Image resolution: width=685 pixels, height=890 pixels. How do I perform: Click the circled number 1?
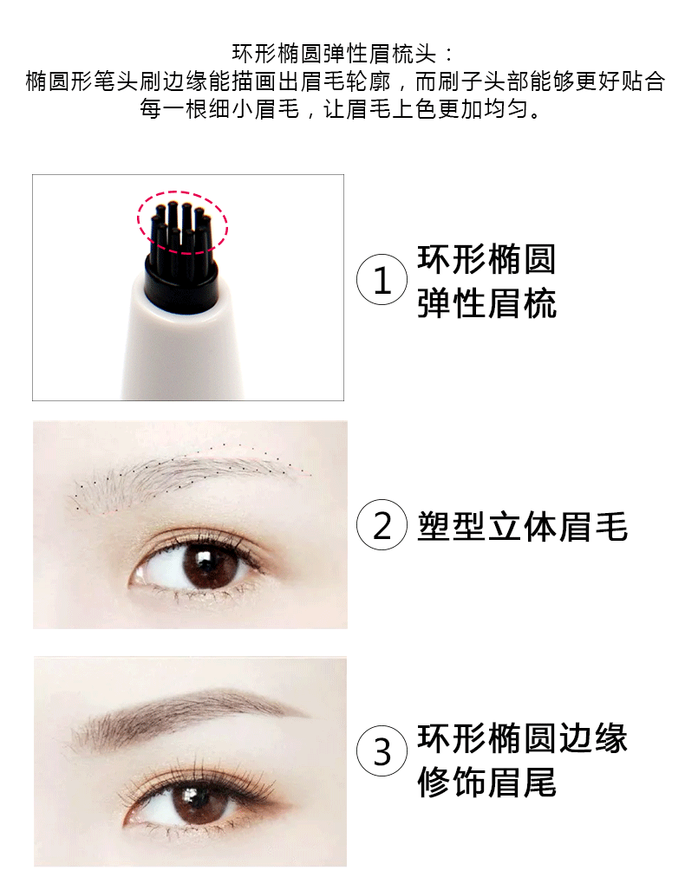pyautogui.click(x=382, y=279)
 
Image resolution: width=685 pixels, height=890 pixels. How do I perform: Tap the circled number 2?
pyautogui.click(x=382, y=525)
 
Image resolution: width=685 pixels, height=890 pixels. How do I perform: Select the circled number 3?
pyautogui.click(x=382, y=751)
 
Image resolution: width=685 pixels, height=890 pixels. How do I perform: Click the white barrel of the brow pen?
pyautogui.click(x=182, y=348)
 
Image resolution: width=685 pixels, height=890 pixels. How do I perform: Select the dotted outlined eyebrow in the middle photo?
pyautogui.click(x=187, y=476)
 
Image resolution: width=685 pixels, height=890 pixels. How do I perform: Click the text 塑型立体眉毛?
pyautogui.click(x=523, y=526)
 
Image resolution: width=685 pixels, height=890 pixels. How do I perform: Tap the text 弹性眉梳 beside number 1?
pyautogui.click(x=486, y=303)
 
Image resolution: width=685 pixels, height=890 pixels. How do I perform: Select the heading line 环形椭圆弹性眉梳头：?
pyautogui.click(x=344, y=54)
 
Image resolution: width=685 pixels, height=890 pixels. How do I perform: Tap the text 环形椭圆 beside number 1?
pyautogui.click(x=486, y=259)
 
